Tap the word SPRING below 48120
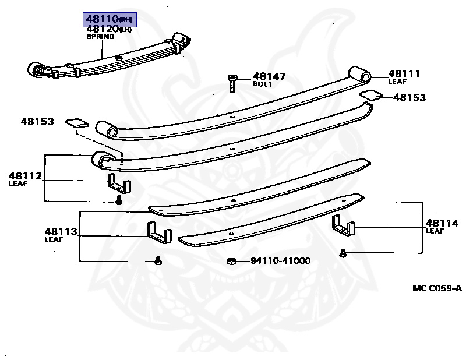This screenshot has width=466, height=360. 101,37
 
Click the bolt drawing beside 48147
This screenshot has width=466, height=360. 233,82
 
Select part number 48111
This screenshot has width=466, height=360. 404,74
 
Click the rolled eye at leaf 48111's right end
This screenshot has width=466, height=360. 360,75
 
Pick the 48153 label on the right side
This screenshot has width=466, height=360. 409,98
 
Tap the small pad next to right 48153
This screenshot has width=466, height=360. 371,94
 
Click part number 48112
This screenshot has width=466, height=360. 25,176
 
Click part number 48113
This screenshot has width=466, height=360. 61,231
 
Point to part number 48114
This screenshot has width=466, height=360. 442,223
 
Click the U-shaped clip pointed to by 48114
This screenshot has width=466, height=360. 343,226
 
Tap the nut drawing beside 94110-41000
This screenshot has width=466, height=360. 231,260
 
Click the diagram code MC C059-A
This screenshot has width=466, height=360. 437,288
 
